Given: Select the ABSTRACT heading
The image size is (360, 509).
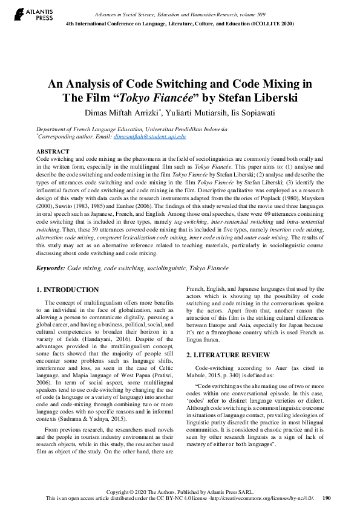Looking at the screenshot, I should (x=53, y=151).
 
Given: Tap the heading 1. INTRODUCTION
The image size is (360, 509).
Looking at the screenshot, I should (x=68, y=290).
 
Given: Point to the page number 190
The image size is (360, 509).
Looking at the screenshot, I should (x=327, y=498).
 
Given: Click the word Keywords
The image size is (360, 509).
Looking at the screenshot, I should (x=50, y=267).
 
